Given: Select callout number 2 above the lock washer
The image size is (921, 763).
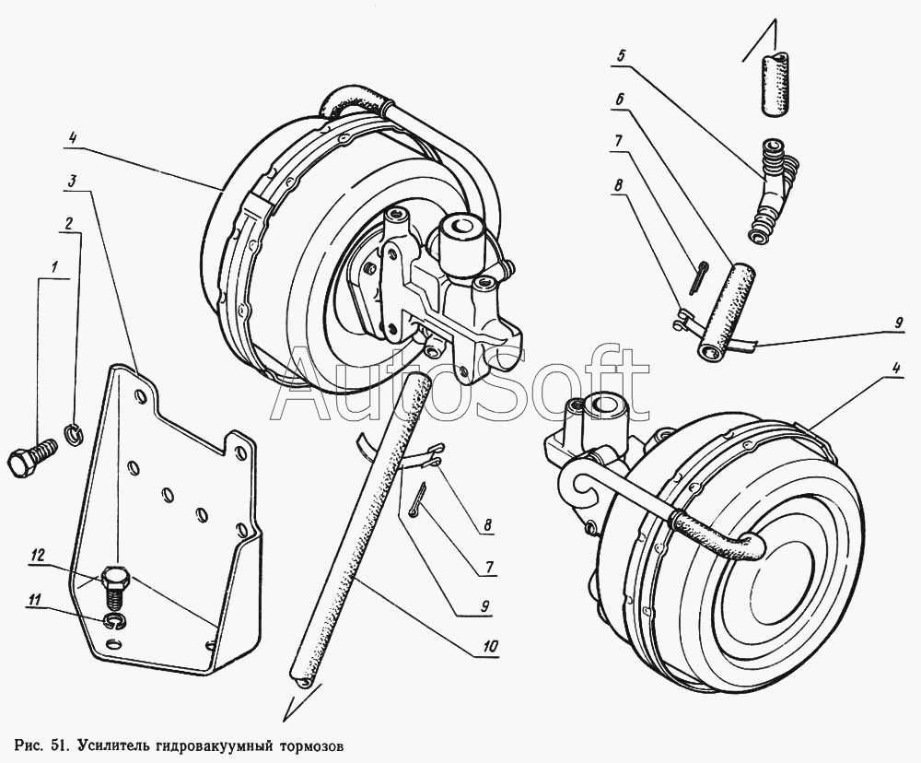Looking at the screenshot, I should pyautogui.click(x=68, y=223).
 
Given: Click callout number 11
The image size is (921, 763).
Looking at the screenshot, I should pyautogui.click(x=35, y=601).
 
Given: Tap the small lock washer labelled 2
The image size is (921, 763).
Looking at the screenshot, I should pyautogui.click(x=72, y=430).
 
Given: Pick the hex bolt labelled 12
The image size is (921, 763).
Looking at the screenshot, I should pyautogui.click(x=113, y=583).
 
